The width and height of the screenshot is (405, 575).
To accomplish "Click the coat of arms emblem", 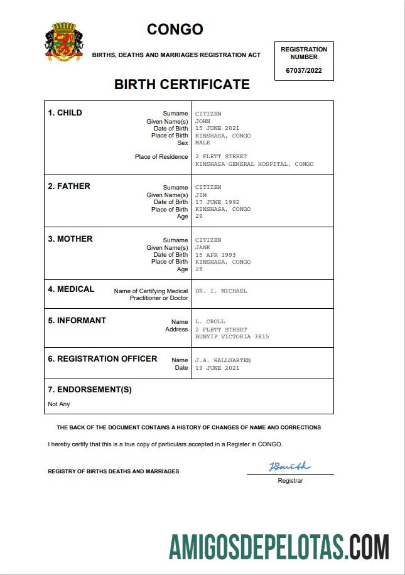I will click(x=63, y=41).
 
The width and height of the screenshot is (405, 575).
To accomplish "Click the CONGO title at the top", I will click(x=175, y=30).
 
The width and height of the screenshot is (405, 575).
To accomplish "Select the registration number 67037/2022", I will click(x=304, y=70).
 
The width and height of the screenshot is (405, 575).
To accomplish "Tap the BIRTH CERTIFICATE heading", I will click(x=181, y=84).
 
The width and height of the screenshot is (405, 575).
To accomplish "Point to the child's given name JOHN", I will click(x=202, y=121).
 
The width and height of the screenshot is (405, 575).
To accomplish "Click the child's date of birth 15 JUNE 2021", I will click(x=217, y=128).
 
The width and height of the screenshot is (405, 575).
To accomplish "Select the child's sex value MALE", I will click(x=203, y=142).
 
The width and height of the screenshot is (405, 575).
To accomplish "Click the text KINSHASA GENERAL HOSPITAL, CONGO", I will click(x=254, y=164).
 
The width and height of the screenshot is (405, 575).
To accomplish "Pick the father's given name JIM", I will click(x=201, y=195).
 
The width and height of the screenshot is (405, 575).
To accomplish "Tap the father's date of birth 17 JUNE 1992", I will click(x=217, y=202).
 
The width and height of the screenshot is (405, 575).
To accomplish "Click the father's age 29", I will click(x=199, y=217).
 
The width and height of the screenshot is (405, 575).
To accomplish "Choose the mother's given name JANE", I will click(x=203, y=247).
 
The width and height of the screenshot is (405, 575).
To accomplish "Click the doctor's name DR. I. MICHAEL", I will click(x=221, y=291).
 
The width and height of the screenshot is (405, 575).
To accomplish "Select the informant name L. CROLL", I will click(x=210, y=321).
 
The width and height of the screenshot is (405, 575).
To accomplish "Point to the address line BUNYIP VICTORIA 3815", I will click(x=232, y=336).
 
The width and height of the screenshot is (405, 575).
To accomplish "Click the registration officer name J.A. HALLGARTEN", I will click(x=223, y=360).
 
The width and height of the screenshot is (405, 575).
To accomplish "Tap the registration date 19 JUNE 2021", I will click(x=217, y=368).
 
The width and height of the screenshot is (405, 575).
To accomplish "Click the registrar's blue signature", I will click(x=289, y=466).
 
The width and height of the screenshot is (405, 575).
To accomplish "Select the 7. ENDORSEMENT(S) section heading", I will click(x=90, y=389).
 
